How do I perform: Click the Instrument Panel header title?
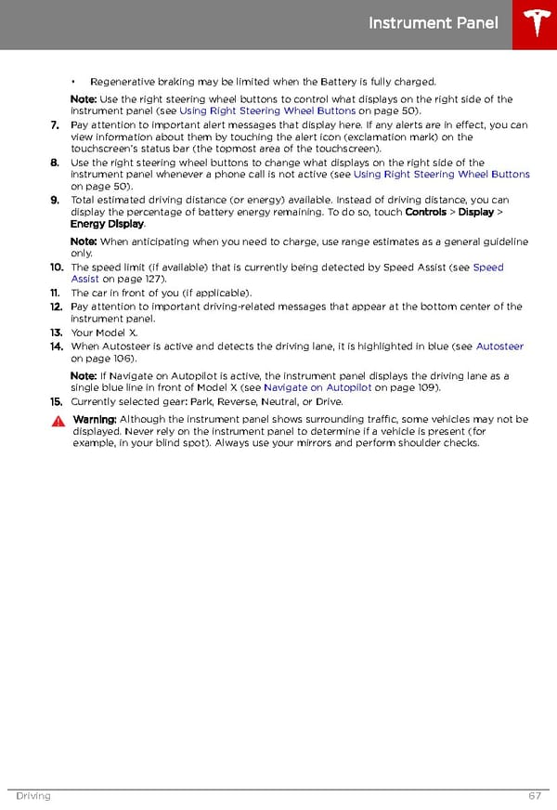pyautogui.click(x=434, y=23)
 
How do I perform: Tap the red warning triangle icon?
pyautogui.click(x=58, y=421)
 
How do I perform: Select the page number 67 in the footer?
pyautogui.click(x=535, y=796)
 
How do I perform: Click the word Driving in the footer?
pyautogui.click(x=32, y=796)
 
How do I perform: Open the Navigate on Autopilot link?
pyautogui.click(x=317, y=387)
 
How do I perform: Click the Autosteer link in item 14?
pyautogui.click(x=499, y=346)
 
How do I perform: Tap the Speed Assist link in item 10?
pyautogui.click(x=488, y=268)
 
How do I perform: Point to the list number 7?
pyautogui.click(x=56, y=124)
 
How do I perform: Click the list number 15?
pyautogui.click(x=57, y=401)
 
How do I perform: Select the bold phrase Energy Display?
pyautogui.click(x=107, y=224)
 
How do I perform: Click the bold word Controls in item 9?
pyautogui.click(x=426, y=212)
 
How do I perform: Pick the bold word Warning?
pyautogui.click(x=95, y=420)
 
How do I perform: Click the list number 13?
pyautogui.click(x=57, y=332)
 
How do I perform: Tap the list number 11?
pyautogui.click(x=57, y=293)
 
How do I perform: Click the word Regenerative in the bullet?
pyautogui.click(x=122, y=82)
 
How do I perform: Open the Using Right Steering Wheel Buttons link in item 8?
pyautogui.click(x=441, y=174)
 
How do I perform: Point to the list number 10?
pyautogui.click(x=57, y=268)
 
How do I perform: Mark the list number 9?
pyautogui.click(x=56, y=200)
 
